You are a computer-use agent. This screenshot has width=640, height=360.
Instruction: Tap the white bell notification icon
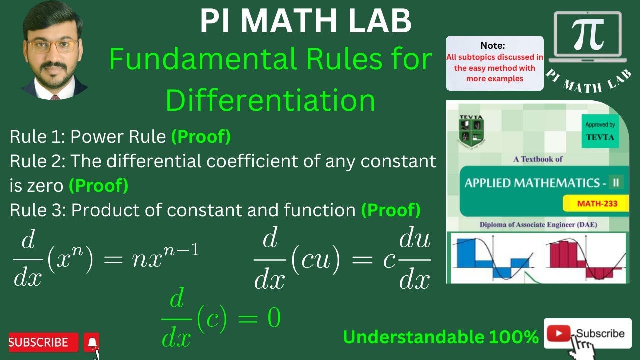point(92,342)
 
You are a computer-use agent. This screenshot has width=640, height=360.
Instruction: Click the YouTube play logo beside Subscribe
point(559,334)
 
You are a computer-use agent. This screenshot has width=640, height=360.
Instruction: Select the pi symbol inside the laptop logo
point(588,34)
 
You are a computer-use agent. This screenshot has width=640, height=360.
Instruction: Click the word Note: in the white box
point(493,45)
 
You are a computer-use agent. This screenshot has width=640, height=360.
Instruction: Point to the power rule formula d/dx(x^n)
point(106,260)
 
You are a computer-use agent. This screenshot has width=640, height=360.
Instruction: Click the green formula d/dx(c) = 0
point(221,318)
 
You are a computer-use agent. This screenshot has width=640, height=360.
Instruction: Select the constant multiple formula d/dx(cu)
point(342,260)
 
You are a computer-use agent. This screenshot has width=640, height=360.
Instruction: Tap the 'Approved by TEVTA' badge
point(600,131)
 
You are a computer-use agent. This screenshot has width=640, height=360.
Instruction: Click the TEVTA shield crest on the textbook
point(471,131)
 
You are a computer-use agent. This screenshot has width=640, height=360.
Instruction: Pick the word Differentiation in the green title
point(270,100)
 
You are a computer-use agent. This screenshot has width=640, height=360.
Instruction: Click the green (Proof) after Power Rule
point(201,137)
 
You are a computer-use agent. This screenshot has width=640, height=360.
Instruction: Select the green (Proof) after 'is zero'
point(98,186)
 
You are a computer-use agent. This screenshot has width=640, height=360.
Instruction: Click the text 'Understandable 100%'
point(440,337)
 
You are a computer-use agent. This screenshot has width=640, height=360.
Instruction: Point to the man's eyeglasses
point(52,46)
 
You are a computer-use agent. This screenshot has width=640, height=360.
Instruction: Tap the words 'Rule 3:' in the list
point(38,210)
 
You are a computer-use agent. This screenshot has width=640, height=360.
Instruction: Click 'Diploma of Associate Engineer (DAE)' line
point(538,225)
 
